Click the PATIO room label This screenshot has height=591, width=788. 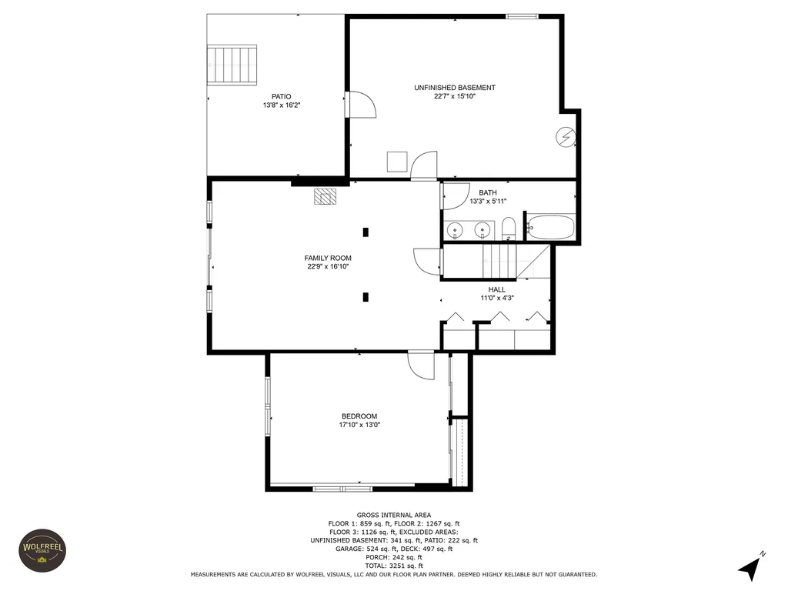282,96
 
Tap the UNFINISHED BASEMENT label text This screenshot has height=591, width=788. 455,88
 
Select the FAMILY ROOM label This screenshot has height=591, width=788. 328,259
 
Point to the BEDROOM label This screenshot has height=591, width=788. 359,416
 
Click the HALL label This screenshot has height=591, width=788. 497,289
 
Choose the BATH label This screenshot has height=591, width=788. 488,192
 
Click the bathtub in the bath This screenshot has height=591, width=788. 550,227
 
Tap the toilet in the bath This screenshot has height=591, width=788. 509,229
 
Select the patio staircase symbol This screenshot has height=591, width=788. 232,65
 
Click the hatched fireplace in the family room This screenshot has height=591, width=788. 326,196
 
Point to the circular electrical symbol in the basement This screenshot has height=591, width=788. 566,136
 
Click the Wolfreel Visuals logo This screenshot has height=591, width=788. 43,550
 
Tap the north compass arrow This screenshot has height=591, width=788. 750,567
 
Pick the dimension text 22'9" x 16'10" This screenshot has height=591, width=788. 328,267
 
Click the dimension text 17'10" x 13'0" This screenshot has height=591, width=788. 359,425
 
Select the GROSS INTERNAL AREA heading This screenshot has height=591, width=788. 394,515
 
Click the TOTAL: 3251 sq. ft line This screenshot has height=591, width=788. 394,566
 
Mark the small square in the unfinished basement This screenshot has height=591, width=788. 397,162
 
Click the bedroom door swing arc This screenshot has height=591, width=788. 421,366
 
